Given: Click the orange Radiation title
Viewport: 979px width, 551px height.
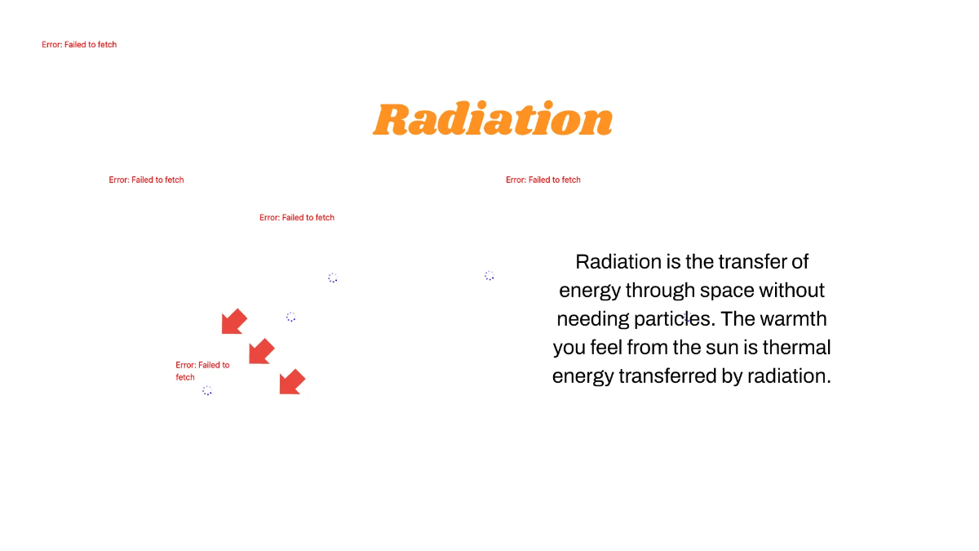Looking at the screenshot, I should tap(493, 120).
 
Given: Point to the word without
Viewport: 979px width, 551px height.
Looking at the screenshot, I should tap(794, 291).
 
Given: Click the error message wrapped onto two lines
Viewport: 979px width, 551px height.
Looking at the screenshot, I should tap(202, 371).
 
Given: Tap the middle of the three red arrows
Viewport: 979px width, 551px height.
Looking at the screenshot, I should tap(261, 351).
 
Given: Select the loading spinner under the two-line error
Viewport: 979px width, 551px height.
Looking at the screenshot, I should tap(207, 391).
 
